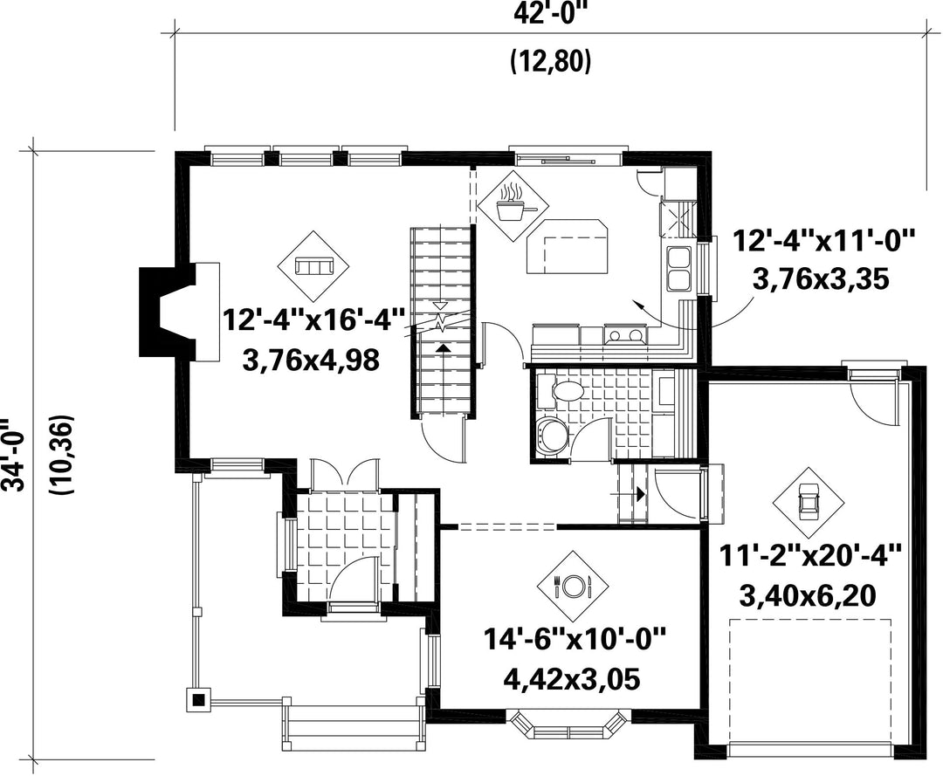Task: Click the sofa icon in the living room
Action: click(x=313, y=265)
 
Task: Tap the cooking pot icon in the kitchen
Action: click(x=512, y=203)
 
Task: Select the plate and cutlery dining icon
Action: click(x=572, y=585)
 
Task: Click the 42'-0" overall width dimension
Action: click(x=549, y=13)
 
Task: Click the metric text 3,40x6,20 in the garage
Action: click(x=807, y=596)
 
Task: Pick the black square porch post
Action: click(x=199, y=699)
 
